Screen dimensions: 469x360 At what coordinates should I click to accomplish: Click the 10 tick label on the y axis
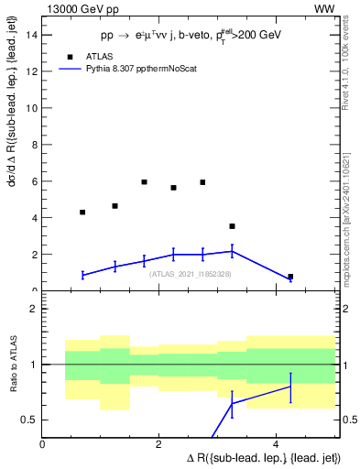click(x=31, y=108)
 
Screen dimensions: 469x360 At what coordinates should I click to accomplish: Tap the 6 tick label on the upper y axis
click(x=34, y=181)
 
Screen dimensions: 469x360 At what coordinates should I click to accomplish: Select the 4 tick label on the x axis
click(x=276, y=444)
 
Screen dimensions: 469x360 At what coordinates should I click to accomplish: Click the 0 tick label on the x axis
click(x=43, y=444)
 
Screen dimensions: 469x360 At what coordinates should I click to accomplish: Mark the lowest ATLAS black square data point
click(x=290, y=277)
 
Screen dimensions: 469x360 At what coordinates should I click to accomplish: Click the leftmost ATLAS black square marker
click(x=82, y=212)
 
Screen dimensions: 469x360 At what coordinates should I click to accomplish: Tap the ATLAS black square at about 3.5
click(x=232, y=226)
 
